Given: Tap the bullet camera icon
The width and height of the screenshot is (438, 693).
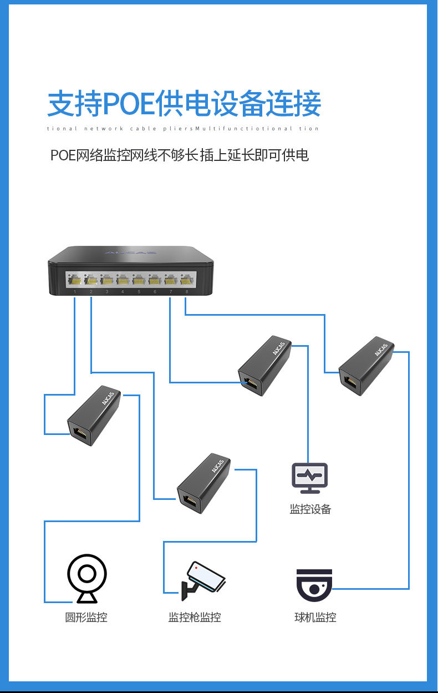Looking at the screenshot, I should [203, 580].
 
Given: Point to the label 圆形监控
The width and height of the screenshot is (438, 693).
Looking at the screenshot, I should [86, 617].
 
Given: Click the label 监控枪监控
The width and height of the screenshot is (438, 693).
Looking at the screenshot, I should [195, 617].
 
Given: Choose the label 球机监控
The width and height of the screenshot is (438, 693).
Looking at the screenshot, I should [315, 617].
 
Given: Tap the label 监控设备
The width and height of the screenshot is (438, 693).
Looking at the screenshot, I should [310, 509].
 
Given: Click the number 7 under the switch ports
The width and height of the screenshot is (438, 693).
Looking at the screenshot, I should [171, 292].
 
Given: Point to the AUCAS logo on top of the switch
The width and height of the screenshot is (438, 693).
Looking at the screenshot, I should [130, 253].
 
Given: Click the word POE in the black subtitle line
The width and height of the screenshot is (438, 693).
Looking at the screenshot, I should [62, 155].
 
